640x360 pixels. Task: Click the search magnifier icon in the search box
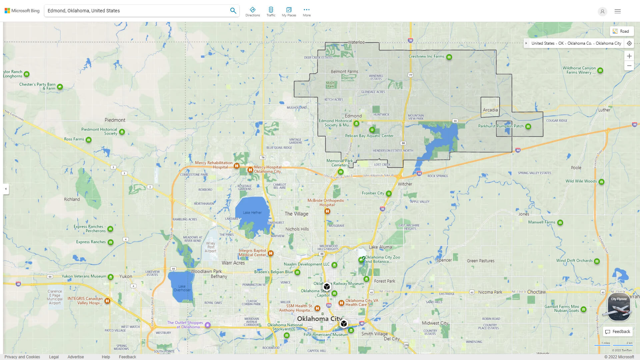[233, 11]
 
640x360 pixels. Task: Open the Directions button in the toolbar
[252, 11]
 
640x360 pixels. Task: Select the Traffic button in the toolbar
[271, 11]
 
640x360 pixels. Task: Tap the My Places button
[289, 11]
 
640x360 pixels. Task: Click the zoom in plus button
[629, 56]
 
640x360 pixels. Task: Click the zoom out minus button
[629, 66]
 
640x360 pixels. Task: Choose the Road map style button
[621, 31]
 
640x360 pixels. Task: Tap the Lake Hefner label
[252, 213]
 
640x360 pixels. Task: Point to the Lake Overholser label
[182, 288]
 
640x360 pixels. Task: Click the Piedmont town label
[115, 120]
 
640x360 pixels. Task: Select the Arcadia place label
[490, 110]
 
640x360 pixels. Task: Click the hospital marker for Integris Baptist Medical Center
[271, 253]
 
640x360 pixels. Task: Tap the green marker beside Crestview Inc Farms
[449, 57]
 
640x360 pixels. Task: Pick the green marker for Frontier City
[389, 194]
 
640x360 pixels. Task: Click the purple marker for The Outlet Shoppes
[208, 325]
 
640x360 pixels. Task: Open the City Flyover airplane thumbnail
[619, 307]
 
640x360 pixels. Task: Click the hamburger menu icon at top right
[618, 11]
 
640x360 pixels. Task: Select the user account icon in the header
[602, 11]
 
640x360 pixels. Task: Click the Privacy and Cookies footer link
[22, 357]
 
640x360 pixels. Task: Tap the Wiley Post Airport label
[211, 247]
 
